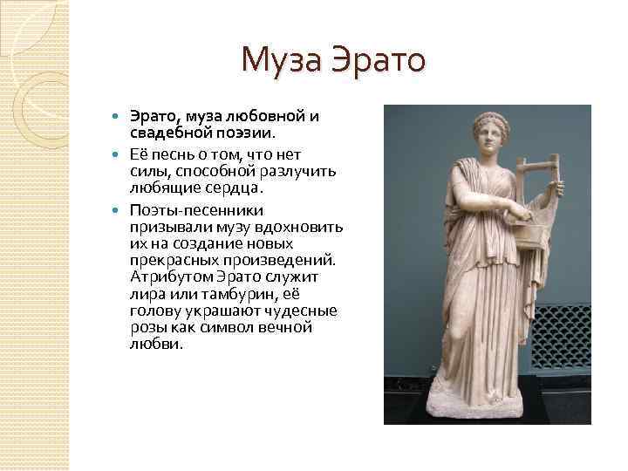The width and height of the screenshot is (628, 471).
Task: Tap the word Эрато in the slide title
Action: click(381, 61)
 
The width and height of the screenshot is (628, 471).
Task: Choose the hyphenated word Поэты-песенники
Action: click(191, 210)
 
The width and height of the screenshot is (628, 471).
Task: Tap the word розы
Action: click(148, 327)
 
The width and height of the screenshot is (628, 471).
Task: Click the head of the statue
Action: click(488, 134)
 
